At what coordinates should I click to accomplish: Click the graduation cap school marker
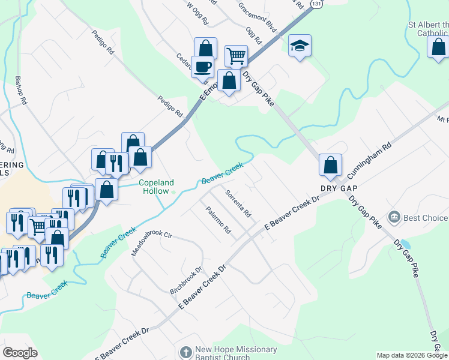(x=299, y=46)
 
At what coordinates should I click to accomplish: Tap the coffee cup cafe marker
(x=202, y=66)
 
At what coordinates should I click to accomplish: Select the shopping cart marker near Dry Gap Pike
(x=236, y=56)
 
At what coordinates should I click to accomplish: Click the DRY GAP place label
(x=334, y=188)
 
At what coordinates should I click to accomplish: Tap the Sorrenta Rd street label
(x=238, y=203)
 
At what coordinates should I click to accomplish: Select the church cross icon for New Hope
(x=185, y=350)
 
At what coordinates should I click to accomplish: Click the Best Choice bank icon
(x=394, y=216)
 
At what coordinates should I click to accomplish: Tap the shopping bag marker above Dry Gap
(x=330, y=165)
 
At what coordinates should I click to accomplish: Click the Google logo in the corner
(x=20, y=353)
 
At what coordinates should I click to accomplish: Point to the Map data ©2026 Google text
(x=412, y=355)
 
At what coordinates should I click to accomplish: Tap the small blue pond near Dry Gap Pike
(x=405, y=244)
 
